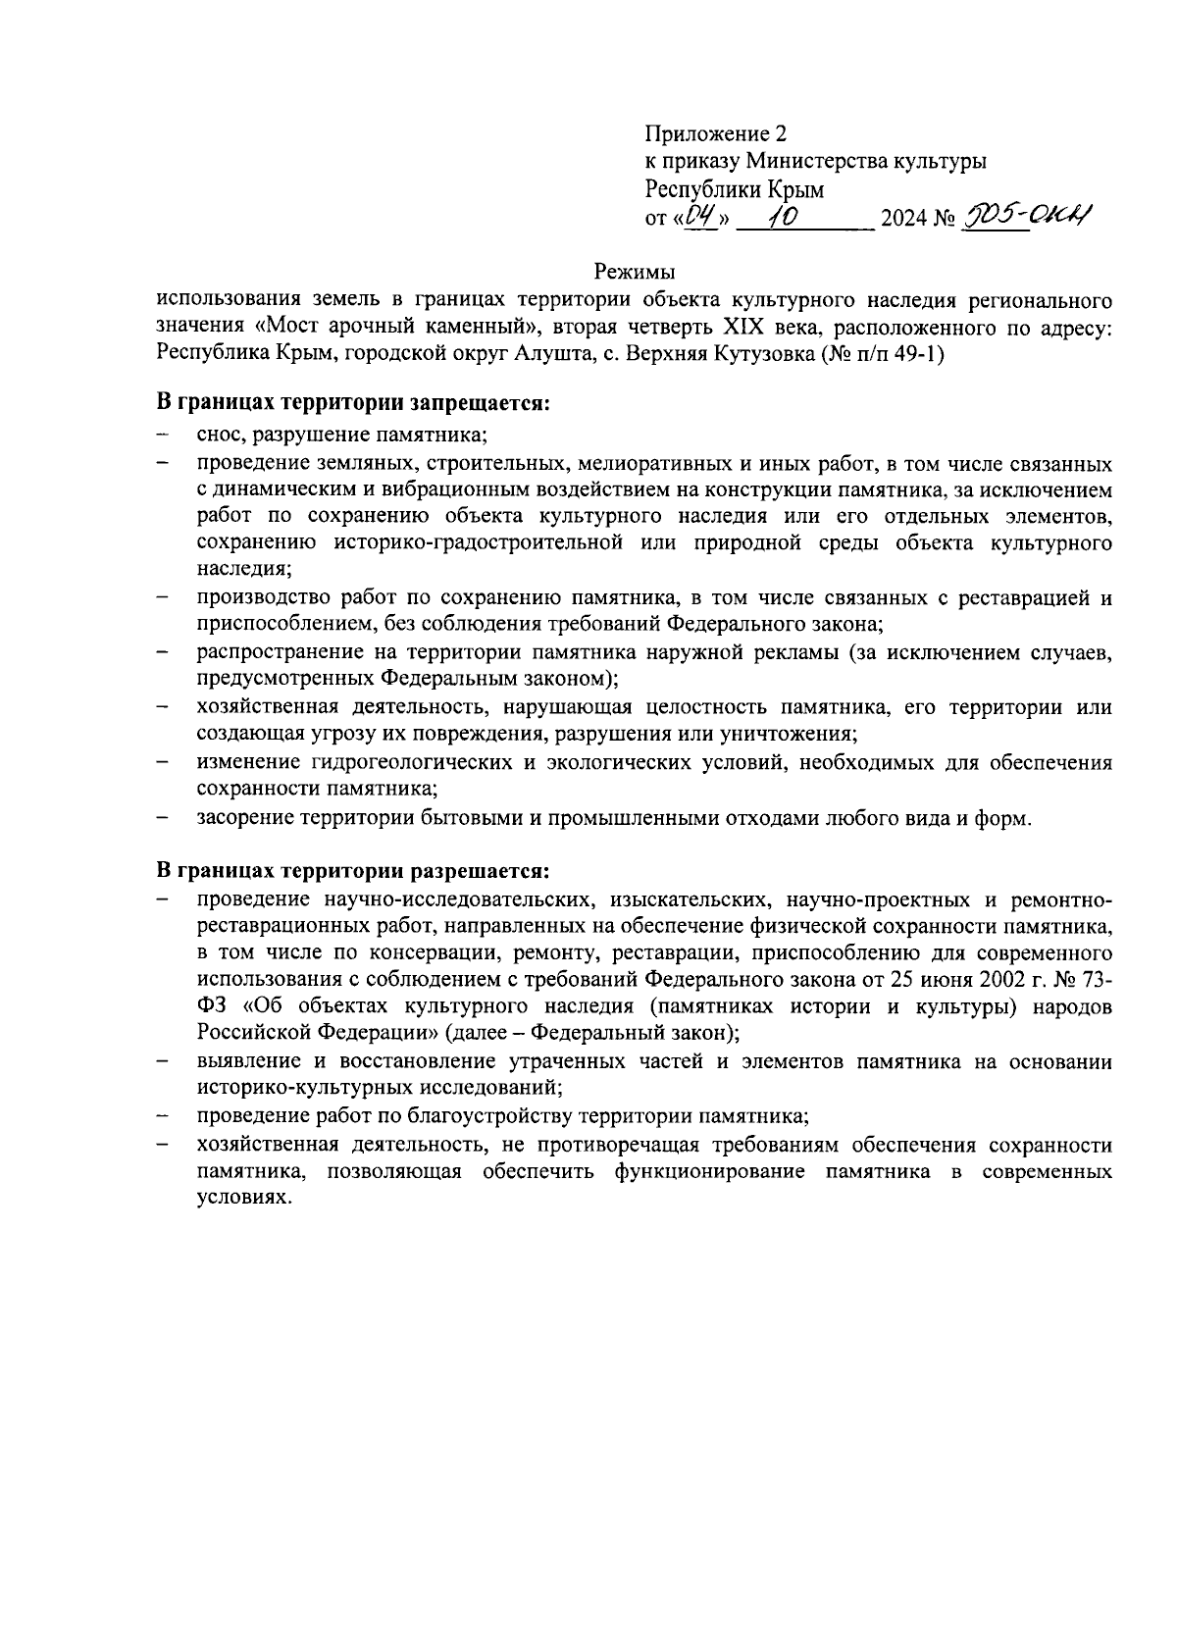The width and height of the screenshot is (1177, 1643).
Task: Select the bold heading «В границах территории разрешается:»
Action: coord(354,870)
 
